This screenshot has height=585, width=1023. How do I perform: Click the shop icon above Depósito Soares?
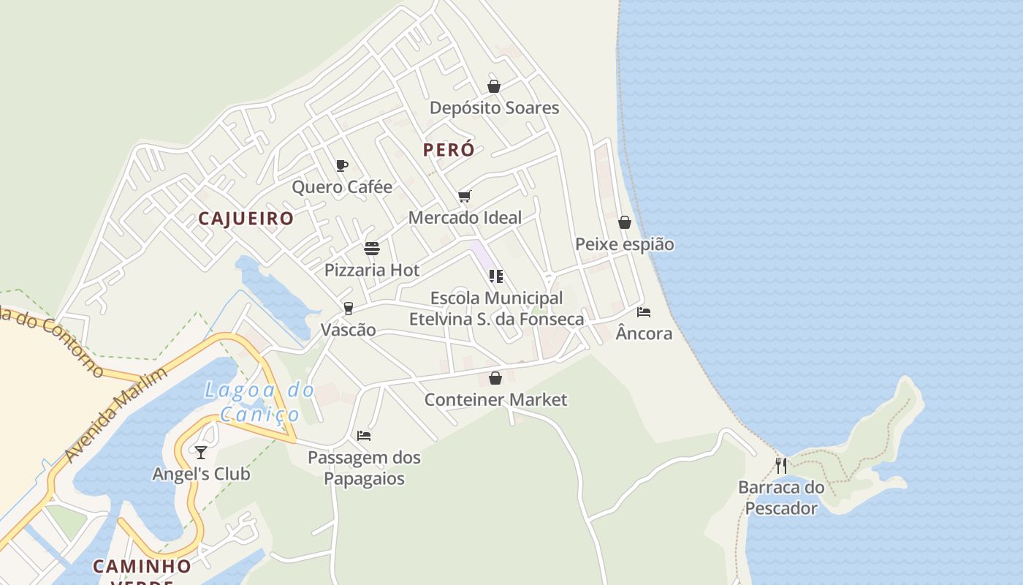point(494,86)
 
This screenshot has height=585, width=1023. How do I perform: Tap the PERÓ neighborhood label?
point(449,150)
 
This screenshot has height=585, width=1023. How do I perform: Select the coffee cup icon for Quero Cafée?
point(341,165)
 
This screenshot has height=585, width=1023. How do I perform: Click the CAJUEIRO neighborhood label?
point(246,219)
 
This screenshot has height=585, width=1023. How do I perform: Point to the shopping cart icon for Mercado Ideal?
point(464,196)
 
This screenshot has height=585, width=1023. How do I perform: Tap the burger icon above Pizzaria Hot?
point(372,249)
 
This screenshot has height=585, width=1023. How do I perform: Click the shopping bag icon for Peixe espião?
point(625,222)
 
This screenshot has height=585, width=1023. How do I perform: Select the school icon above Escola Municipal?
point(496,276)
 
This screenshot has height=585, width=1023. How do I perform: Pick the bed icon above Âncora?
point(643,312)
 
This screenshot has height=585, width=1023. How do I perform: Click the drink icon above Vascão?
point(349,309)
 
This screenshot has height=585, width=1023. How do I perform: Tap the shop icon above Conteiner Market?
point(495,378)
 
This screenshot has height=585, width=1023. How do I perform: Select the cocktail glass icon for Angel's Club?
point(201,453)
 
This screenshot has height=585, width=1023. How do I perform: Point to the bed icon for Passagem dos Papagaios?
point(364,436)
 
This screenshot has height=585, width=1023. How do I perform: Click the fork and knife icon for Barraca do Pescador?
point(781,465)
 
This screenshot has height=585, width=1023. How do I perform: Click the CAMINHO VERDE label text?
point(142,567)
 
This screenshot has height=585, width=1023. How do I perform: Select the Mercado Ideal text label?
point(465,217)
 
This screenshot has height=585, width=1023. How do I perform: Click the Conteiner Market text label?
point(495,399)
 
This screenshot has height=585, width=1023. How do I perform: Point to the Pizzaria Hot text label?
point(372,270)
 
